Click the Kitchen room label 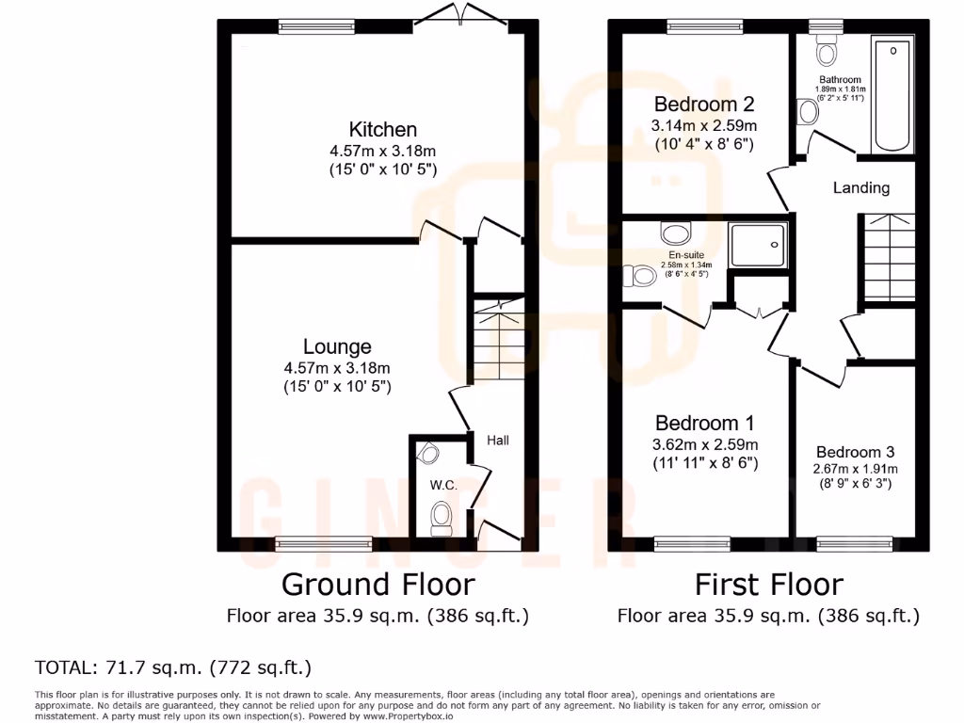click(382, 129)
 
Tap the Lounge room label click(337, 346)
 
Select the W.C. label click(443, 485)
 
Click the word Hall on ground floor click(497, 440)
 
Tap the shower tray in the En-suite click(759, 244)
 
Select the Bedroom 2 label click(704, 104)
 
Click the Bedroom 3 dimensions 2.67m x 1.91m click(856, 469)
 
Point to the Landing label click(860, 187)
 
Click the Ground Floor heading click(378, 584)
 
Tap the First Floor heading click(768, 584)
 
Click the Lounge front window click(323, 542)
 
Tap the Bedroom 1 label click(704, 423)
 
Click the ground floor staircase click(496, 344)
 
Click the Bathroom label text click(839, 80)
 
